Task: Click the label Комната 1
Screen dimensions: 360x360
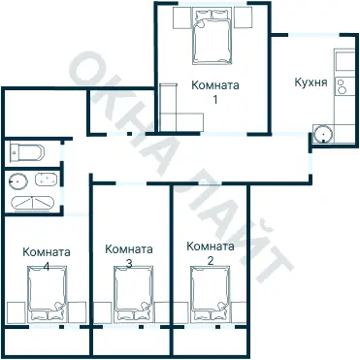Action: [214, 91]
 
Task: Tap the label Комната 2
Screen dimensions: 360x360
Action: [211, 253]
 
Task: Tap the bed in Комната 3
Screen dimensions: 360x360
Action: [132, 298]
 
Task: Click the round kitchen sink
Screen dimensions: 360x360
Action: [323, 135]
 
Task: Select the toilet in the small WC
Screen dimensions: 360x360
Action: [23, 152]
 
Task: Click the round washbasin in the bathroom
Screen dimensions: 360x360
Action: [17, 180]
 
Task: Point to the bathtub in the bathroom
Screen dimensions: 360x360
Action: [33, 203]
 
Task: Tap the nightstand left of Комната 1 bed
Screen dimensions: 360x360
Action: [180, 18]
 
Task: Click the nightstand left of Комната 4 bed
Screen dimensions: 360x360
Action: [14, 312]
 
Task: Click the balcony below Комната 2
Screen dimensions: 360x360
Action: [211, 342]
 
